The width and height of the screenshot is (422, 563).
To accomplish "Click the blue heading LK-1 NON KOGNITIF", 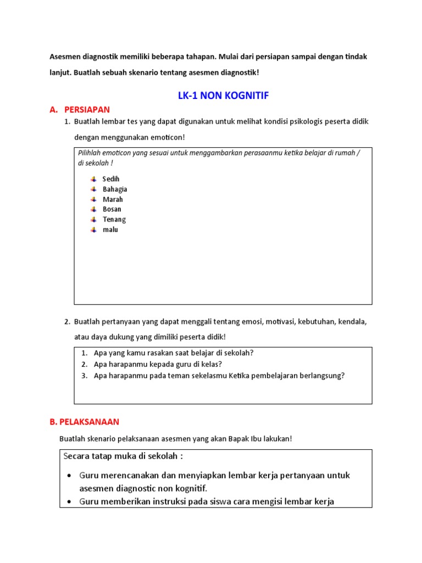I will tap(224, 96).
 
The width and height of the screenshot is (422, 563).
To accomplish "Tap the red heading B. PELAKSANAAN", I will tap(84, 422).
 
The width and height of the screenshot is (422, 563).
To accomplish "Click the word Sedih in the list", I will tap(111, 179).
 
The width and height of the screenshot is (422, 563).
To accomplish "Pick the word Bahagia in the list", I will tap(115, 189).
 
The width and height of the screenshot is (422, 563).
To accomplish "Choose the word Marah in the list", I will tap(113, 199).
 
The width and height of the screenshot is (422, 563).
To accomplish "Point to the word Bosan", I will tap(112, 209).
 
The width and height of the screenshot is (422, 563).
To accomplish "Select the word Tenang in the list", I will tap(114, 219).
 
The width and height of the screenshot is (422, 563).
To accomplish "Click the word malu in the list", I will tap(110, 229).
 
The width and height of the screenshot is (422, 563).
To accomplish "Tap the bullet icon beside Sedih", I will tap(93, 179).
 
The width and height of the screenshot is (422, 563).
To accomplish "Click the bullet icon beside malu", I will tap(93, 229).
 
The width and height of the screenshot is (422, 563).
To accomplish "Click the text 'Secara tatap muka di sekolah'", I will tap(123, 456).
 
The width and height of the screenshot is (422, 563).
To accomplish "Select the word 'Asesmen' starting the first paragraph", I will tap(65, 57).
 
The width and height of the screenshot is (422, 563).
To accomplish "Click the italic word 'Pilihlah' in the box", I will tap(91, 153).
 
